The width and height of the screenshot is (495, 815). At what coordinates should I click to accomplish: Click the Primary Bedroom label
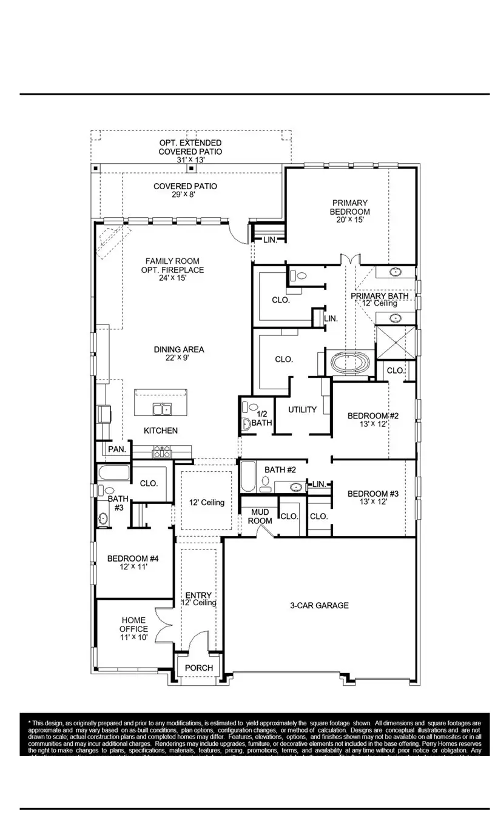pos(349,211)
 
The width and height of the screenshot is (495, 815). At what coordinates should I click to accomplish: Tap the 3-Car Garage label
pos(319,605)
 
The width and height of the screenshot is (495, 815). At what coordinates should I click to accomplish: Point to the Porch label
pos(199,668)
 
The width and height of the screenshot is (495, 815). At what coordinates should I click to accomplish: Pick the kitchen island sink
pos(161,409)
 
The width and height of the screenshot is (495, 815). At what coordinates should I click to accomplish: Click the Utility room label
pos(302,409)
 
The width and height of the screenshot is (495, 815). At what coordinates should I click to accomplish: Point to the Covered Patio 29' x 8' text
pos(185,190)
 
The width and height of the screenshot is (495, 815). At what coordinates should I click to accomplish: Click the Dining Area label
pos(179,354)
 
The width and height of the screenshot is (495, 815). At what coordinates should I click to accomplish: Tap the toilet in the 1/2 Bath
pos(246,424)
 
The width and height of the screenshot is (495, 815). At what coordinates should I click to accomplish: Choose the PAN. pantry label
pos(117,449)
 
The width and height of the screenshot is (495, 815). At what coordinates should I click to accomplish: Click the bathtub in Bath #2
pos(247,477)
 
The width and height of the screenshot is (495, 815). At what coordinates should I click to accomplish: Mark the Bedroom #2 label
pos(372,420)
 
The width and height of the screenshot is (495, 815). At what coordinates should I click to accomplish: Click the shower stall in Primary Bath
pos(396,342)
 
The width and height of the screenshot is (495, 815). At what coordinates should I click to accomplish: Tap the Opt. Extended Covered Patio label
pos(190,151)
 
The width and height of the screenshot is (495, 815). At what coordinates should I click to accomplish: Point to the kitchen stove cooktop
pos(162,452)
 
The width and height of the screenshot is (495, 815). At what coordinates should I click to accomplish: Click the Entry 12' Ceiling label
pos(198,599)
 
